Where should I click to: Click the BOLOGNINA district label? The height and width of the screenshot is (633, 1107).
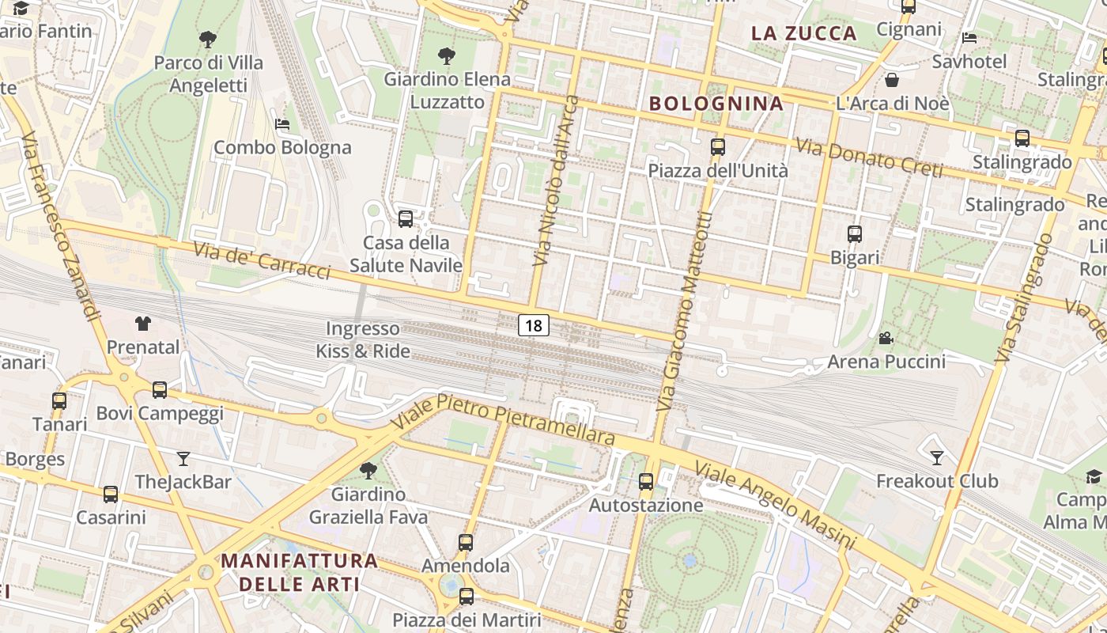[716, 104]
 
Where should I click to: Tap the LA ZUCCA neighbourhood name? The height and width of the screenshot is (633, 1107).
[804, 33]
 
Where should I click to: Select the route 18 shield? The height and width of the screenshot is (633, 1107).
[534, 324]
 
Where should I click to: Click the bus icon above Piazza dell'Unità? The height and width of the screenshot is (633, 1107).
[718, 147]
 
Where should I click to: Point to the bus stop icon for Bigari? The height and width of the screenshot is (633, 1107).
[855, 234]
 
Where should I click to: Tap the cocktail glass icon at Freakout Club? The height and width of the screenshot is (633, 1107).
[937, 457]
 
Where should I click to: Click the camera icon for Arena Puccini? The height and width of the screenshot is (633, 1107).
[886, 339]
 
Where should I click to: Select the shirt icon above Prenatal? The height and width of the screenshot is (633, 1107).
[143, 323]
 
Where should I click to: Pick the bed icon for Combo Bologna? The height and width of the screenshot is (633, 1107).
[282, 124]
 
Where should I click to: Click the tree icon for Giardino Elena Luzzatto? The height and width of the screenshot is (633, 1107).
[447, 56]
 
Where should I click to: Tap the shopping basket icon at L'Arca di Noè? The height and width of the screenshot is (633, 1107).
[892, 80]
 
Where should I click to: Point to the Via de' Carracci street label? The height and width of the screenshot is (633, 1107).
[262, 260]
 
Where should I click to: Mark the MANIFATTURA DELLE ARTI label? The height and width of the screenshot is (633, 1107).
[299, 572]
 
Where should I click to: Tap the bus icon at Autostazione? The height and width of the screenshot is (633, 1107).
[646, 481]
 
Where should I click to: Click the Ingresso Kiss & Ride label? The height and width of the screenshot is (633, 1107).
[363, 339]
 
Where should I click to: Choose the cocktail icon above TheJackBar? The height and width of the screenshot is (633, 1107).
[183, 458]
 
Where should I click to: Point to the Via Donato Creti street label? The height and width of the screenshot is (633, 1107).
[869, 158]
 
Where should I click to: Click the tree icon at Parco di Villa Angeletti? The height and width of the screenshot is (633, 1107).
[208, 39]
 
